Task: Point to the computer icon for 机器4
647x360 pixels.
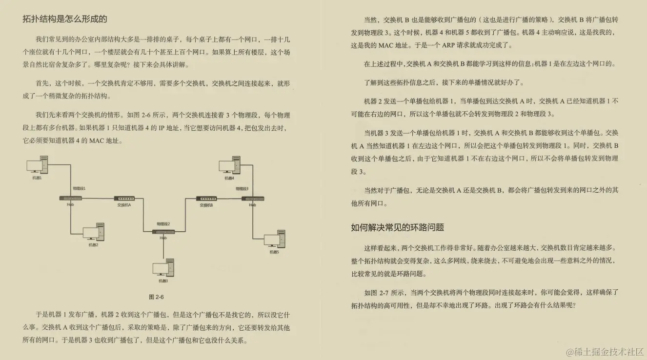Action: pos(230,166)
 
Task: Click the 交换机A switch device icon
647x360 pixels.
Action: pos(124,199)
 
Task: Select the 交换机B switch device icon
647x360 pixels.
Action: pos(206,199)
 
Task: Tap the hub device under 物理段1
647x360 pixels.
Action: pos(71,198)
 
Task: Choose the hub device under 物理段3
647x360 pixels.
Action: pos(253,198)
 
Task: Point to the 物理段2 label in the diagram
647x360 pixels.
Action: pos(163,223)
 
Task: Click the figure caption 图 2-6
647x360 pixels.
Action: pos(156,297)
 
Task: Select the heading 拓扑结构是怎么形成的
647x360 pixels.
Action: pos(65,19)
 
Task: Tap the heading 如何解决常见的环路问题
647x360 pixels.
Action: pos(397,227)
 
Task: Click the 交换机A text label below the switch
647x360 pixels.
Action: pos(124,205)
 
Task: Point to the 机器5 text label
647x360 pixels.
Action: pos(274,252)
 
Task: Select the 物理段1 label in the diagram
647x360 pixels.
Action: pos(79,188)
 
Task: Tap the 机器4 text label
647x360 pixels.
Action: pos(229,179)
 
